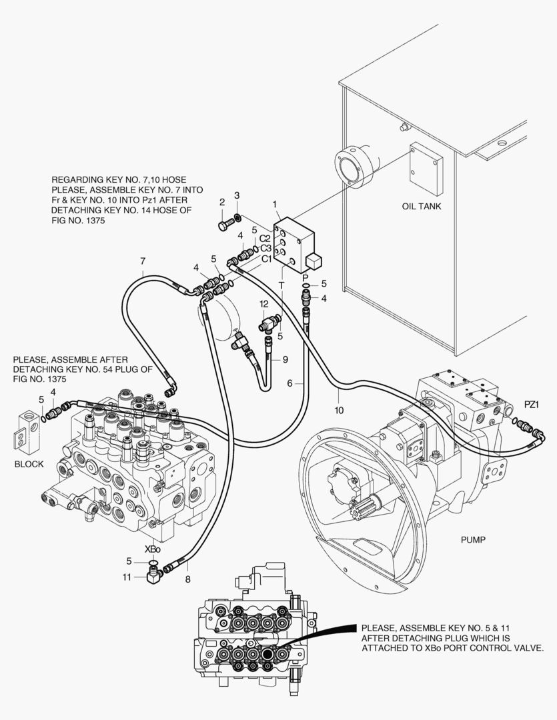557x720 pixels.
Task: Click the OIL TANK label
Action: pyautogui.click(x=421, y=206)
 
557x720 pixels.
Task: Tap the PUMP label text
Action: pyautogui.click(x=473, y=540)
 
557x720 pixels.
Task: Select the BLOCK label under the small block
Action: pyautogui.click(x=29, y=464)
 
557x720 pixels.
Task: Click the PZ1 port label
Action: pyautogui.click(x=531, y=405)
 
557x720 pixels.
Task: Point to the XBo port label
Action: pyautogui.click(x=153, y=549)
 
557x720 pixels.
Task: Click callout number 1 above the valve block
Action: pyautogui.click(x=275, y=204)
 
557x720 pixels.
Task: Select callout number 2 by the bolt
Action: pyautogui.click(x=222, y=202)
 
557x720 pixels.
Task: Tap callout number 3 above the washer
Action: pyautogui.click(x=237, y=195)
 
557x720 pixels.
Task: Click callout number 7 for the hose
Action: pyautogui.click(x=143, y=261)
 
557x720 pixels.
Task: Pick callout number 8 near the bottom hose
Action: pyautogui.click(x=187, y=579)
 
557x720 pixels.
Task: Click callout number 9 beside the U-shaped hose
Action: pyautogui.click(x=285, y=359)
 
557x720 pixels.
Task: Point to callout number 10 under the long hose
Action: pyautogui.click(x=339, y=410)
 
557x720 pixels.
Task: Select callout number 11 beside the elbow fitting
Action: pyautogui.click(x=127, y=577)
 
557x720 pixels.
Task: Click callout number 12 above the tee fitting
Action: pyautogui.click(x=263, y=304)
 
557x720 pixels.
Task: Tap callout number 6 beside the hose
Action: pyautogui.click(x=290, y=383)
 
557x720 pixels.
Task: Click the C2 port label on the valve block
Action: pyautogui.click(x=265, y=238)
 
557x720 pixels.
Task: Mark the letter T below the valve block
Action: pyautogui.click(x=282, y=285)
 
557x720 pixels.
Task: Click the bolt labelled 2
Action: pyautogui.click(x=225, y=224)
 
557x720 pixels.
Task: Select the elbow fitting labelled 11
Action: pyautogui.click(x=153, y=574)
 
